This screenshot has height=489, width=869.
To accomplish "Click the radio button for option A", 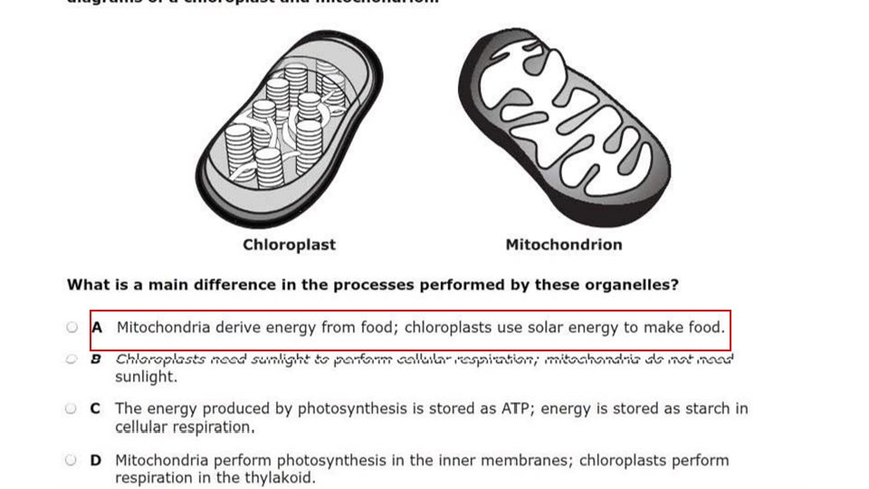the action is pyautogui.click(x=72, y=328).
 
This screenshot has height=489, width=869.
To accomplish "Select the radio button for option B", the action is pyautogui.click(x=72, y=360).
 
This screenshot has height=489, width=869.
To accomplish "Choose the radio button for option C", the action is pyautogui.click(x=71, y=409).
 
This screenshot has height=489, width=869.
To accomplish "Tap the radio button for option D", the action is pyautogui.click(x=71, y=460).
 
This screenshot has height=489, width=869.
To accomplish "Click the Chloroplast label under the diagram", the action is pyautogui.click(x=289, y=244).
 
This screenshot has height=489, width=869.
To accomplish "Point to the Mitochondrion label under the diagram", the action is pyautogui.click(x=563, y=244).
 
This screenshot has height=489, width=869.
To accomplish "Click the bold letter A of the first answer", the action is pyautogui.click(x=97, y=328).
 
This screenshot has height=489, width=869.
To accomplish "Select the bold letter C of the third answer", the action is pyautogui.click(x=95, y=409).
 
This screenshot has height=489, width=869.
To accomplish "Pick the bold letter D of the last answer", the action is pyautogui.click(x=95, y=460).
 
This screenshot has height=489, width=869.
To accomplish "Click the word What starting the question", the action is pyautogui.click(x=87, y=284).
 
